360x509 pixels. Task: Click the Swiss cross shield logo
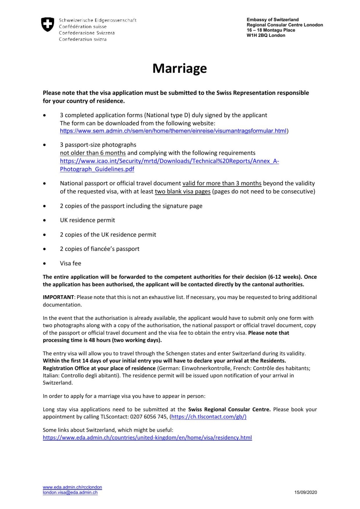tap(47, 25)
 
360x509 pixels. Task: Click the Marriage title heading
tap(179, 68)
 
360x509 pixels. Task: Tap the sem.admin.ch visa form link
tap(173, 131)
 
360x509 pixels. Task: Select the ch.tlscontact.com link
tap(209, 417)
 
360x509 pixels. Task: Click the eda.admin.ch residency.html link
tap(147, 438)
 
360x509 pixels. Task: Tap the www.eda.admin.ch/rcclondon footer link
tap(72, 487)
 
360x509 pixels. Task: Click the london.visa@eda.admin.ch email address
tap(70, 493)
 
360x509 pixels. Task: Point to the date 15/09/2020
tap(305, 493)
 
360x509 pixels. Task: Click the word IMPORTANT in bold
tap(58, 298)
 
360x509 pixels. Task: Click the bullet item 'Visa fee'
tap(71, 263)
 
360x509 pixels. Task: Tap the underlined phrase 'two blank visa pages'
tap(182, 192)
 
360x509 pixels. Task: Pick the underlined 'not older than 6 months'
tap(93, 153)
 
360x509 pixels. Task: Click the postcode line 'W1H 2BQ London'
tap(266, 36)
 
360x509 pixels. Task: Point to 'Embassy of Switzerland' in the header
tap(272, 20)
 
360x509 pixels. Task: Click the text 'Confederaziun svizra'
tap(83, 39)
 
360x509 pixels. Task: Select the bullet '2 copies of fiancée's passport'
tap(99, 249)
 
